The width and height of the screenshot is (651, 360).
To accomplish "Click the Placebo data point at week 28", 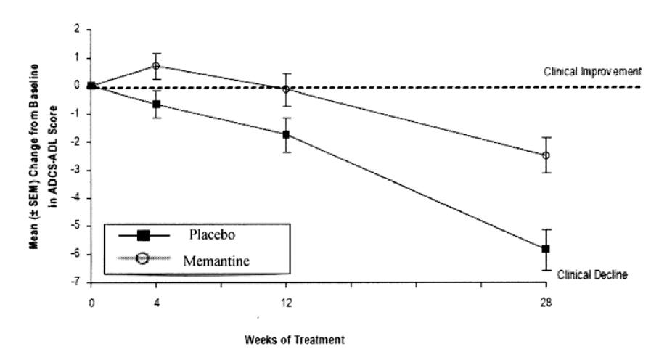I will click(545, 249).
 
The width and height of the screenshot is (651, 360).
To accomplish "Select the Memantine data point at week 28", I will click(545, 155).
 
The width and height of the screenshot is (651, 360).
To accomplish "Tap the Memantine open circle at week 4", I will click(157, 66).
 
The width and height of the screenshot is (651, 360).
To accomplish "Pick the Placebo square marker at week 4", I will click(157, 105).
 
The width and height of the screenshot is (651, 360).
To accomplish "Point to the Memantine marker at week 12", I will click(286, 89).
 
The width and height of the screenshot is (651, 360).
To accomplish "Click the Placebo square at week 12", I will click(286, 134).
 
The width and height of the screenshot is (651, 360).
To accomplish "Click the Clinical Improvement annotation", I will click(592, 73).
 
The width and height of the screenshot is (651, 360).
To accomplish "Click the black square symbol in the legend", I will click(143, 235).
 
